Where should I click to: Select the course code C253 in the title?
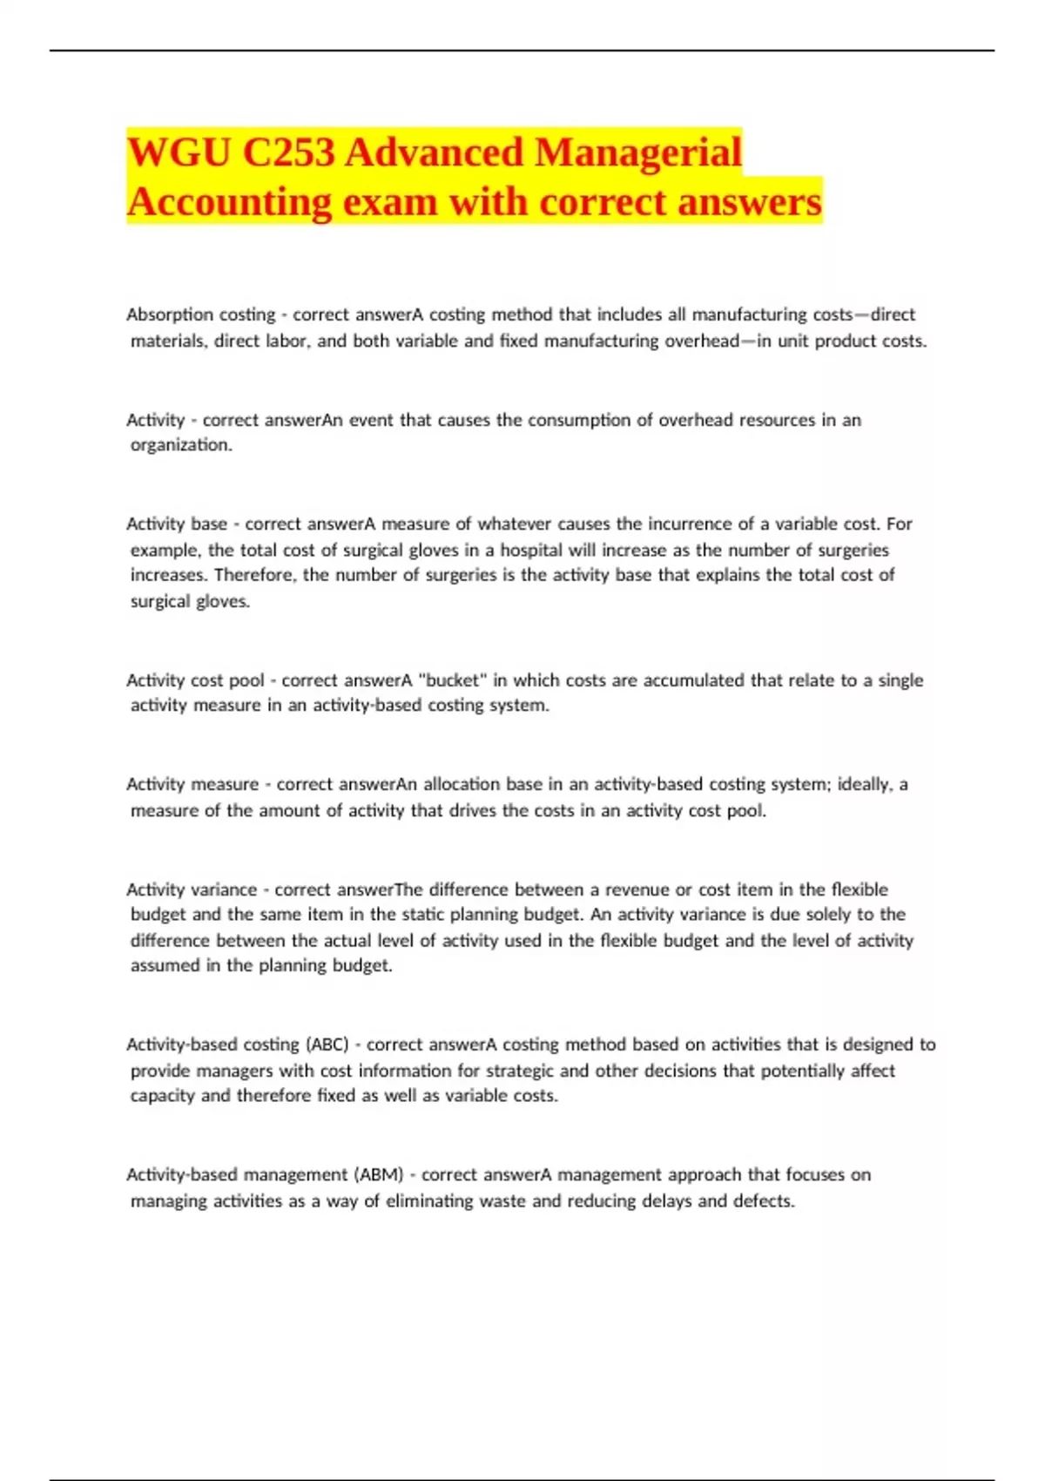288,153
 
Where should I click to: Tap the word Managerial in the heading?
638,153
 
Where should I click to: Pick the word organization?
180,445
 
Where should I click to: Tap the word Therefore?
254,575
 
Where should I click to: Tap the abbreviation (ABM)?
379,1174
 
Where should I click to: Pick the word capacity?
163,1096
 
